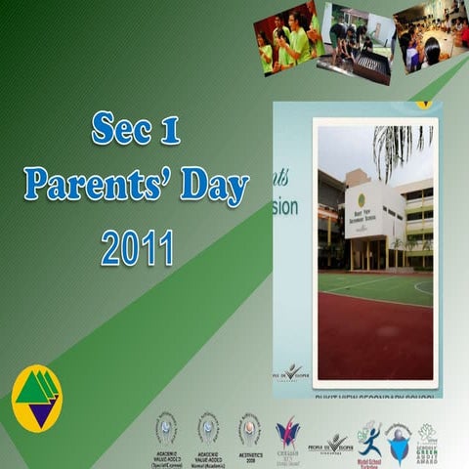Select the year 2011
click(137, 246)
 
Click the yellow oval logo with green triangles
click(35, 396)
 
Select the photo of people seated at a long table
click(430, 37)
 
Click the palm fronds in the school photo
click(402, 147)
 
